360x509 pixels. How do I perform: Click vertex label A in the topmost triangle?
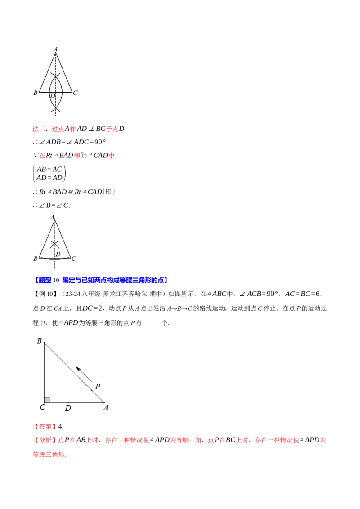(55, 49)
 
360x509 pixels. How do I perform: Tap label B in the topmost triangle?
(35, 93)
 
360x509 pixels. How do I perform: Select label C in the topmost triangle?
(75, 93)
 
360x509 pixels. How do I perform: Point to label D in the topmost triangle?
(52, 96)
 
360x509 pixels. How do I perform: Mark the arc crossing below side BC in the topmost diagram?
(55, 108)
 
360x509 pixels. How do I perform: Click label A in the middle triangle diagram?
(53, 218)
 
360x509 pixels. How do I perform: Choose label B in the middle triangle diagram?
(35, 259)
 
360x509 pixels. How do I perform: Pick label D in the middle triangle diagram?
(58, 254)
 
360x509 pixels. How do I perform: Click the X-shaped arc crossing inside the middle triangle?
(54, 245)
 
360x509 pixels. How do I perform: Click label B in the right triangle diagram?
(40, 341)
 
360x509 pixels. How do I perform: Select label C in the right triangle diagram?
(42, 408)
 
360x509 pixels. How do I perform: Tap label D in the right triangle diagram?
(68, 408)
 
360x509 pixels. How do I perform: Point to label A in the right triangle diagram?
(106, 408)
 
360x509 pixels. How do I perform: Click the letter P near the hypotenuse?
(98, 386)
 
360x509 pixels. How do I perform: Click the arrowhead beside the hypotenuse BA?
(78, 369)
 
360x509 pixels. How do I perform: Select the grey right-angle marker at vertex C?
(47, 400)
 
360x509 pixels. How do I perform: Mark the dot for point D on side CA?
(68, 402)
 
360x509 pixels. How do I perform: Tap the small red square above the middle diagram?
(70, 207)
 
